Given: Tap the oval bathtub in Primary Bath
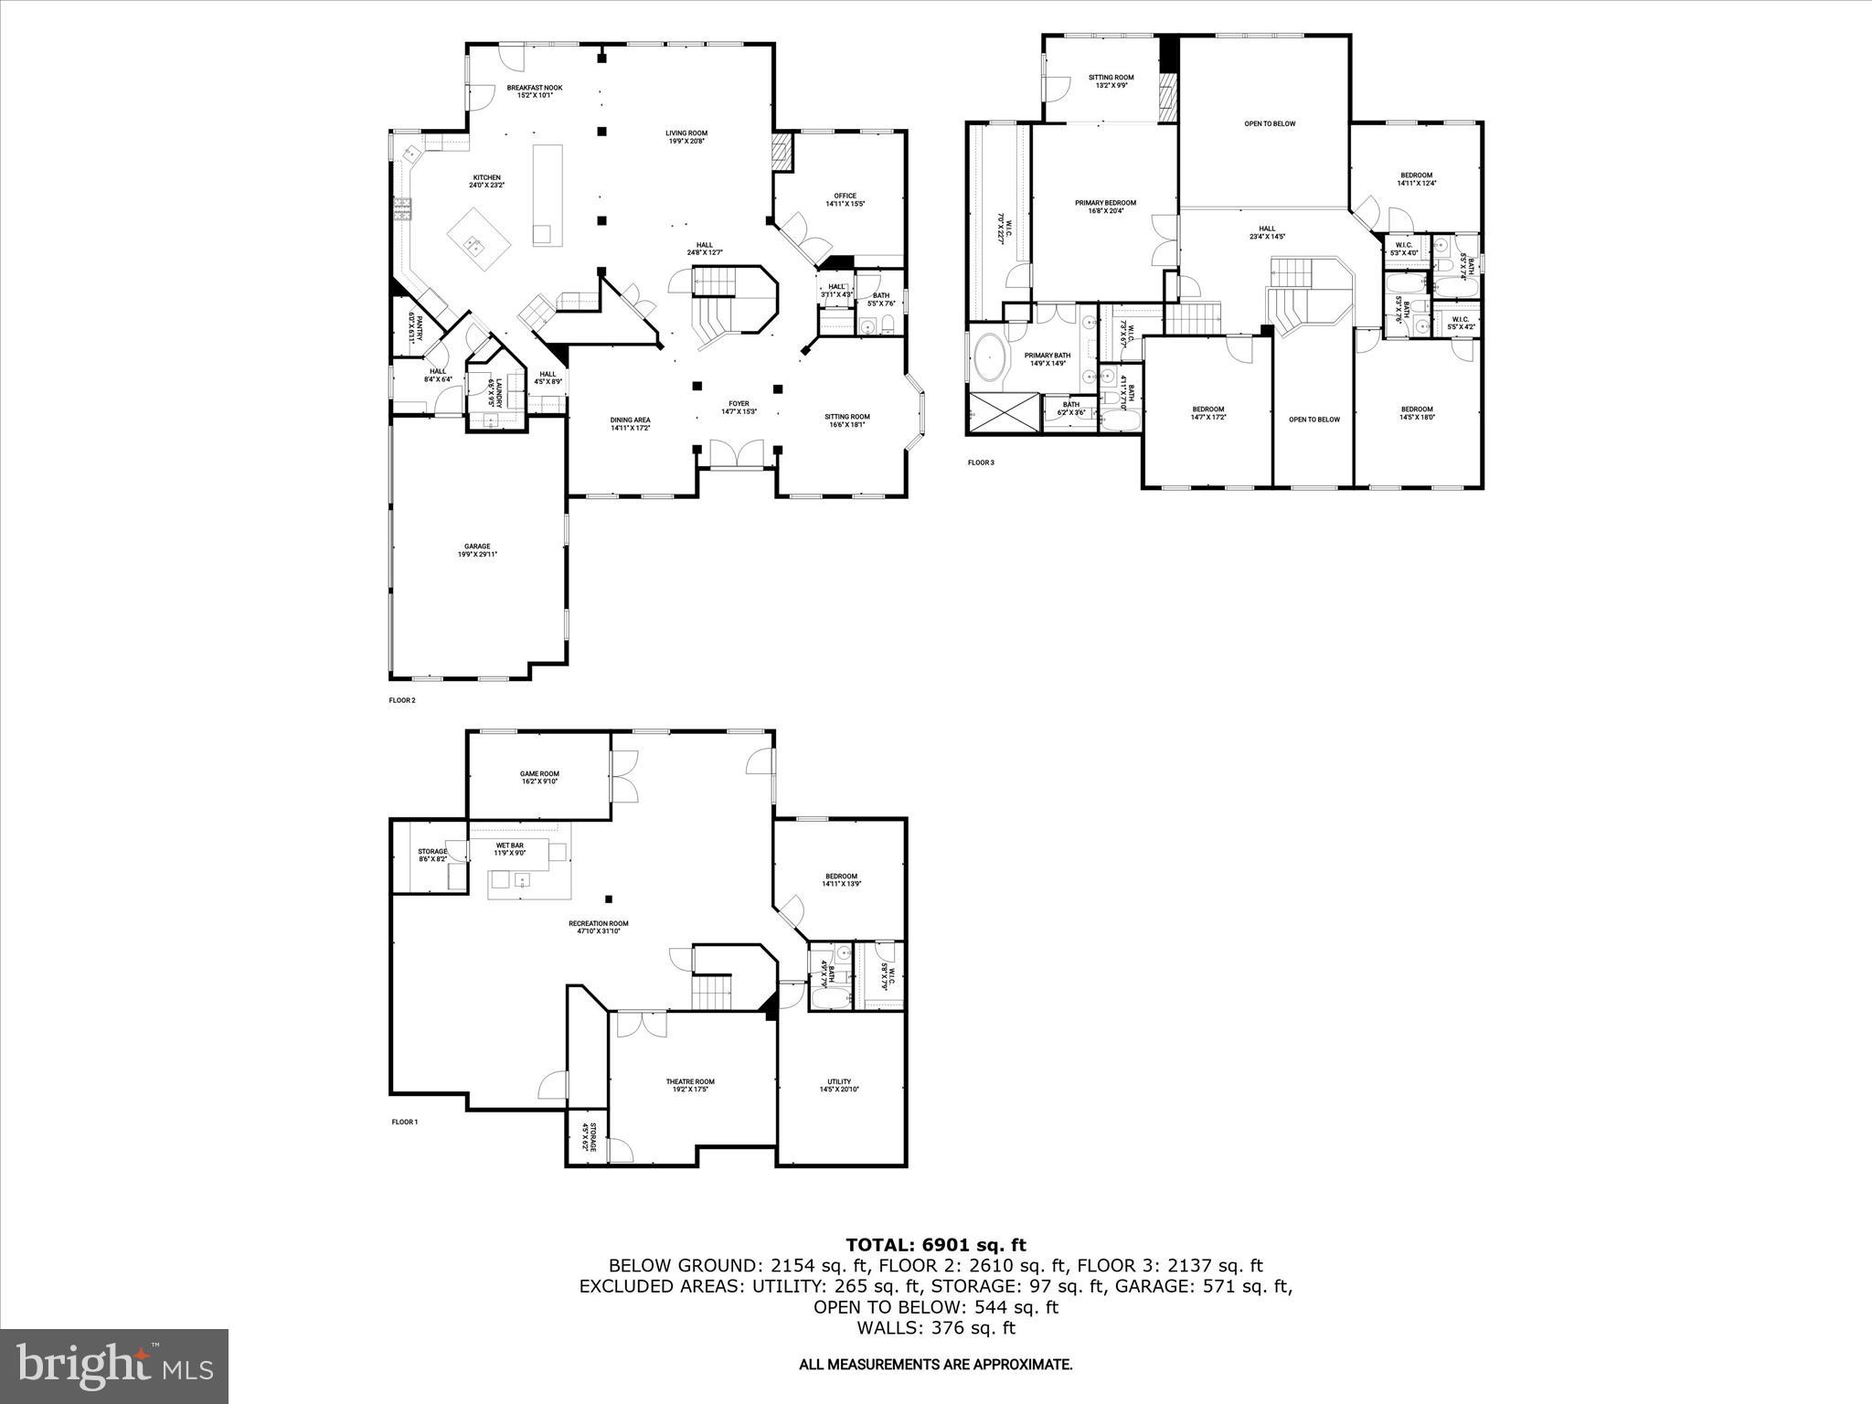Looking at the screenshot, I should tap(991, 356).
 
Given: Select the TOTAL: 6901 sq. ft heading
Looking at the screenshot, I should tap(935, 1244).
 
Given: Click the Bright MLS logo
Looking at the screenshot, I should tap(114, 1366).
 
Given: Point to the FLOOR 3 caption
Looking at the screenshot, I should tap(980, 463).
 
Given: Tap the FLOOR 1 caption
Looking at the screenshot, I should tap(404, 1122).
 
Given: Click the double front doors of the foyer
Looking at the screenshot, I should tap(736, 453).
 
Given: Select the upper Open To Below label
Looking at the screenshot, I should tap(1269, 123).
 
